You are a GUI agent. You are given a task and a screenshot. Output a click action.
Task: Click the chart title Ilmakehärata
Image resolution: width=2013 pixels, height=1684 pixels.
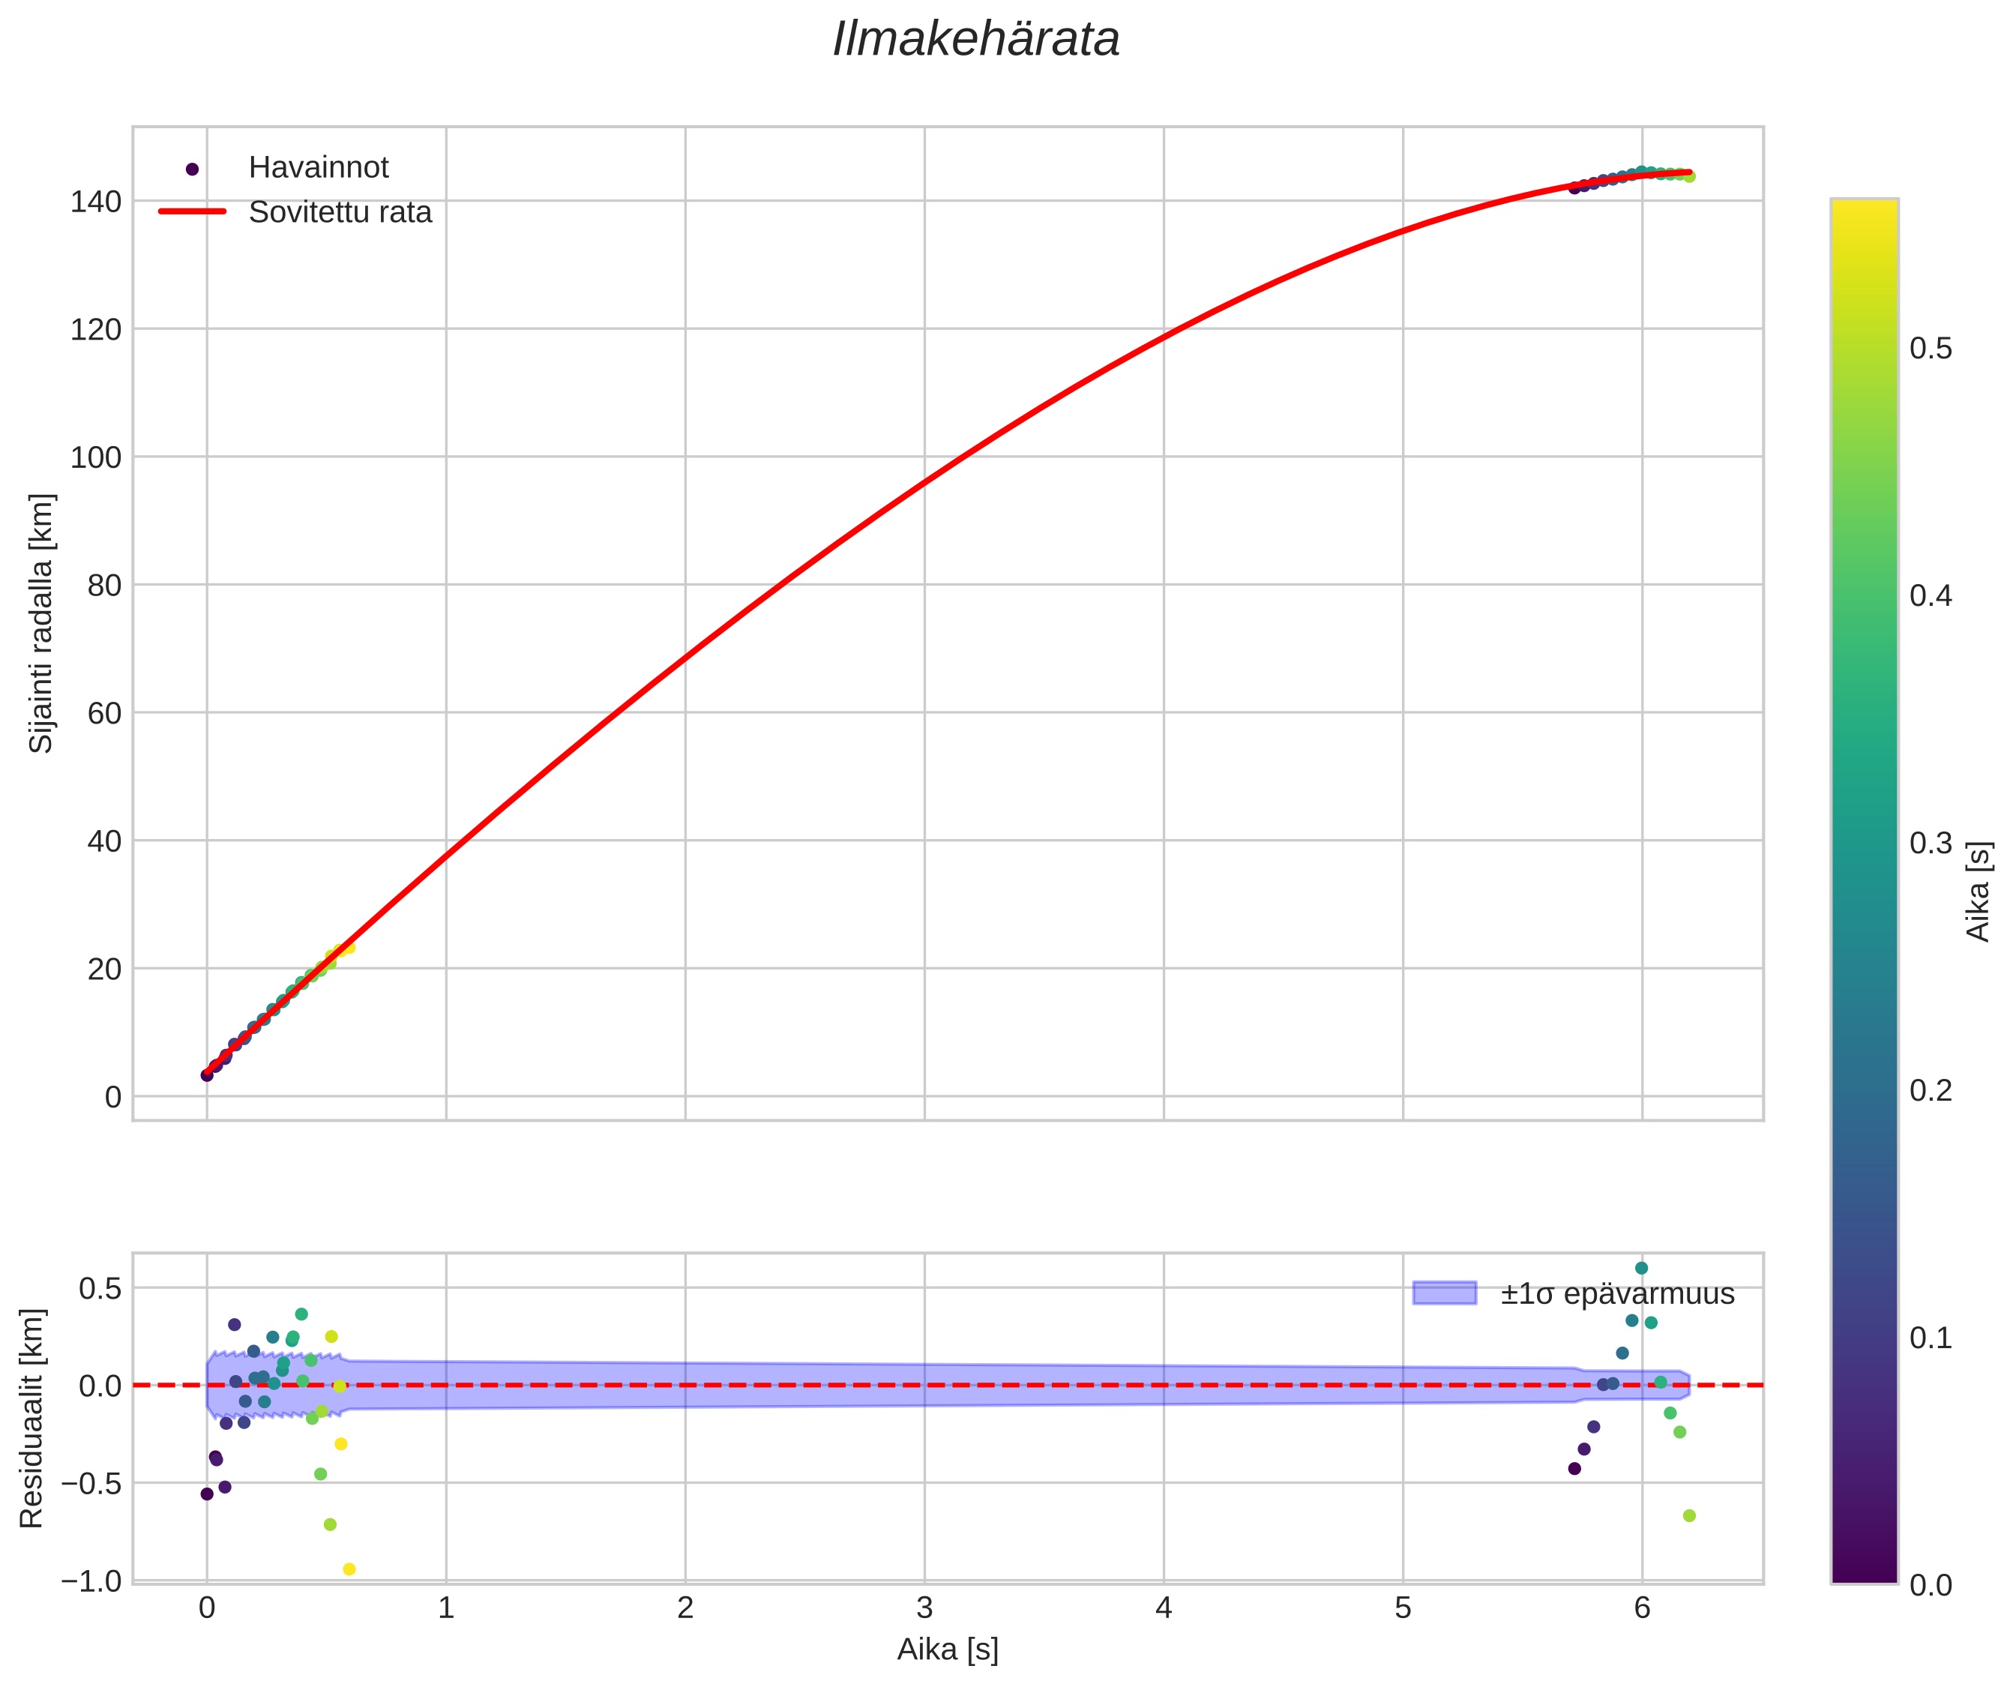[976, 40]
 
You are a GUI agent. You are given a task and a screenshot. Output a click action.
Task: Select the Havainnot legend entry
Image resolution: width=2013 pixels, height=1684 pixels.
[318, 168]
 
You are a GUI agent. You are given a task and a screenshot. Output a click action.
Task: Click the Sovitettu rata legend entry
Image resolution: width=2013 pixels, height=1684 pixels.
[340, 212]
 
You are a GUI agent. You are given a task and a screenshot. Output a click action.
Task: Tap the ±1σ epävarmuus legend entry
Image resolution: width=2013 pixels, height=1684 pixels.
[1617, 1294]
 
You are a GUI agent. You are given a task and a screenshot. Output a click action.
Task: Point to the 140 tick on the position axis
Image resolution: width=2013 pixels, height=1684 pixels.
[96, 201]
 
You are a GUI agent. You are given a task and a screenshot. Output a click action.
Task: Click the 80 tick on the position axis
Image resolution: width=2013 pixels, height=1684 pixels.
[103, 585]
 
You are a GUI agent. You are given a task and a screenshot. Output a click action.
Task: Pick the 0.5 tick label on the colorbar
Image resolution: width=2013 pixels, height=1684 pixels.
[1931, 349]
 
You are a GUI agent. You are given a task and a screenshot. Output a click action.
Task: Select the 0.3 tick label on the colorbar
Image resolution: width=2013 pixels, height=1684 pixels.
[1931, 843]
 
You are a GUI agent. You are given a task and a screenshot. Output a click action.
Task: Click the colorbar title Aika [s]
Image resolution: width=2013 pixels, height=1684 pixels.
[1979, 891]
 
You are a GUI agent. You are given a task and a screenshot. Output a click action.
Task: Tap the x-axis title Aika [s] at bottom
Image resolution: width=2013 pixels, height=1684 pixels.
[947, 1650]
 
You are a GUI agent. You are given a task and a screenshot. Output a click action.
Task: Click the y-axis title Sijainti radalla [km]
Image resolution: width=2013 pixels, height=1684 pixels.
[41, 623]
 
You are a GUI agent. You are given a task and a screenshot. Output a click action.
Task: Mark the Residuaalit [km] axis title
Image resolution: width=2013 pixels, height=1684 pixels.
[31, 1418]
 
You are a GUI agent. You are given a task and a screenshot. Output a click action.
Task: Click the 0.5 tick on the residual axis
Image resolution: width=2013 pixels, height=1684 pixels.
[100, 1288]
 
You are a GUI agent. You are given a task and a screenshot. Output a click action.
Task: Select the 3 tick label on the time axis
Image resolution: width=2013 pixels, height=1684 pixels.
[924, 1608]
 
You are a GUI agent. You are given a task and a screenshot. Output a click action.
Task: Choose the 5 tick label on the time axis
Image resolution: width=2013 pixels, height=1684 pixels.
[1403, 1608]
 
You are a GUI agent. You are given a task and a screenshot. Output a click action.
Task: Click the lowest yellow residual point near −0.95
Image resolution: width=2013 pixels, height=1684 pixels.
[349, 1569]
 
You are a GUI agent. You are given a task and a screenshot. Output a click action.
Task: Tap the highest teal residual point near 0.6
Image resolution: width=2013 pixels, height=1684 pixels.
[1641, 1268]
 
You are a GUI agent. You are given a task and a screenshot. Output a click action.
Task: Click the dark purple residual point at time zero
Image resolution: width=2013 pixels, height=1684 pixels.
[207, 1494]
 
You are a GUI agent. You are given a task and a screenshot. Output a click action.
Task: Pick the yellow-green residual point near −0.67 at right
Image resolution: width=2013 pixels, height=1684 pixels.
[1689, 1515]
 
